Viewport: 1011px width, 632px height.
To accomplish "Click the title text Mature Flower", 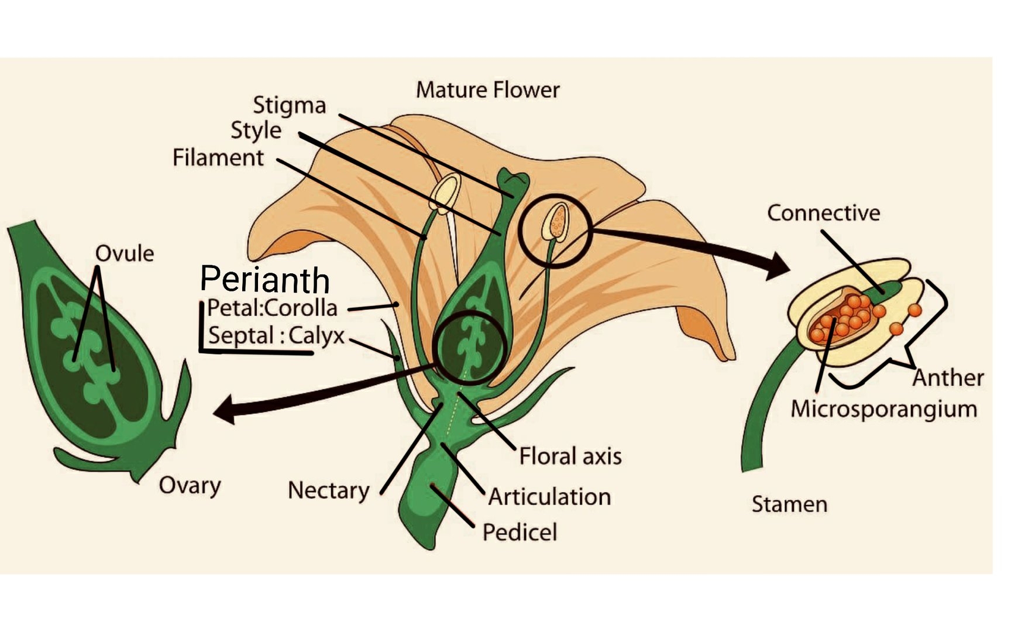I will coord(487,90).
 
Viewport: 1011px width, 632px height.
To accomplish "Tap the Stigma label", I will coord(289,105).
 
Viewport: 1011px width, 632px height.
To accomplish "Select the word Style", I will coord(256,130).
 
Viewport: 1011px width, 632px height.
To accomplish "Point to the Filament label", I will coord(218,157).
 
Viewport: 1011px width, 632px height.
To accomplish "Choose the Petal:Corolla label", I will coord(272,308).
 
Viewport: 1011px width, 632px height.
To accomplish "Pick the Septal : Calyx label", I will coord(276,336).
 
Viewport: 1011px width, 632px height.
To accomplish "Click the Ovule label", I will coord(125,253).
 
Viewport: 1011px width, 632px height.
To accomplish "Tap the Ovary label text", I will coord(190,486).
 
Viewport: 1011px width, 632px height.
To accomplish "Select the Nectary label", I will coord(328,490).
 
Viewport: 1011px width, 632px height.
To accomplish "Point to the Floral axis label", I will coord(570,456).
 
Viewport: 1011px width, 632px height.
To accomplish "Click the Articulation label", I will coord(549,497).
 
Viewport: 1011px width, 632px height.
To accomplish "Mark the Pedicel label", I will coord(520,533).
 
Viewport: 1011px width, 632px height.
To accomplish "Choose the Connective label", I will coord(823,213).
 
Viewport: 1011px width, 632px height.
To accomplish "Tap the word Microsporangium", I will coord(883,408).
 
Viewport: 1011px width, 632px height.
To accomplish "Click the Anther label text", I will coord(948,378).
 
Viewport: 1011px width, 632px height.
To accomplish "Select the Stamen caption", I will coord(789,504).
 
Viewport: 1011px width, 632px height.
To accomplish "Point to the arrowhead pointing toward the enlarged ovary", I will coord(225,410).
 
